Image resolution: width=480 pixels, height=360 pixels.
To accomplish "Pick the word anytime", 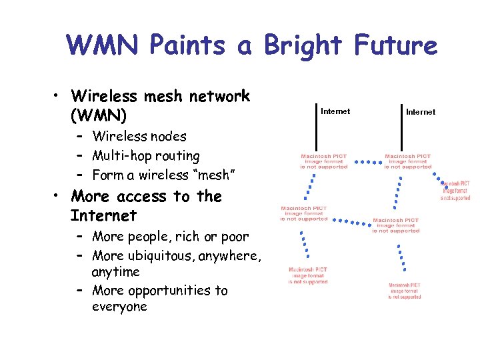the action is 115,272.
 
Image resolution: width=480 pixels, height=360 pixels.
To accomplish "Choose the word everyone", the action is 119,307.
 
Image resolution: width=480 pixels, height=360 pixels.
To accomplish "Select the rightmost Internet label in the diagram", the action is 420,112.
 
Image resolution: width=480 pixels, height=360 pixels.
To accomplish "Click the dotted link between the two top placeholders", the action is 365,161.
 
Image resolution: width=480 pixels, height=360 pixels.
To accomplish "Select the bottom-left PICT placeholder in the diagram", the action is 308,276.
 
